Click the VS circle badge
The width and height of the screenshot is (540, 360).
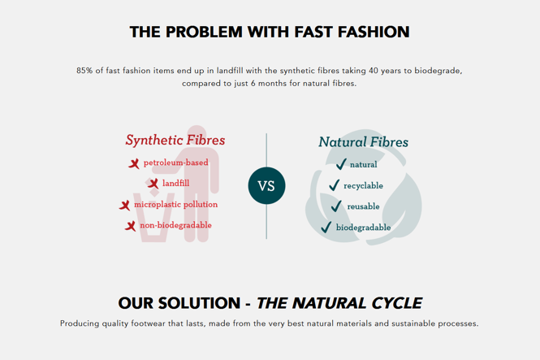point(266,185)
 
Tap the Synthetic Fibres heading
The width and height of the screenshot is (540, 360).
point(175,140)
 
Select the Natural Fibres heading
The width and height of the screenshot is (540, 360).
point(363,141)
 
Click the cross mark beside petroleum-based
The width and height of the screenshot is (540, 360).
point(134,163)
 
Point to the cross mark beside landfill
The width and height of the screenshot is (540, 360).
point(153,184)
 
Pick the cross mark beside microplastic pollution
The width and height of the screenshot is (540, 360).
point(125,206)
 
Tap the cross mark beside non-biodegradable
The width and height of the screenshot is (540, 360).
point(130,226)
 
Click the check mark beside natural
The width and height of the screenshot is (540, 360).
point(341,165)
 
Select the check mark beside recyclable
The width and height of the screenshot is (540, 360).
point(334,186)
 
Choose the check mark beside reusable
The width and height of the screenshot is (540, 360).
point(337,206)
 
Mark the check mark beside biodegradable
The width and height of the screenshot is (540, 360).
point(326,228)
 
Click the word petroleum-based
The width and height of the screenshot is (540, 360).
point(176,163)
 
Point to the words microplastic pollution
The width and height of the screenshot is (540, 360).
point(175,205)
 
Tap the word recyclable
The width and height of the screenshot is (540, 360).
point(363,186)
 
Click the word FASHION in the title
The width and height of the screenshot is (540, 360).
point(367,33)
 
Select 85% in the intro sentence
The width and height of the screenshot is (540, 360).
point(84,71)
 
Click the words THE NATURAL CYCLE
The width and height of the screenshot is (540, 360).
point(339,303)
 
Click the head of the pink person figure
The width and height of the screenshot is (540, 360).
point(192,132)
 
